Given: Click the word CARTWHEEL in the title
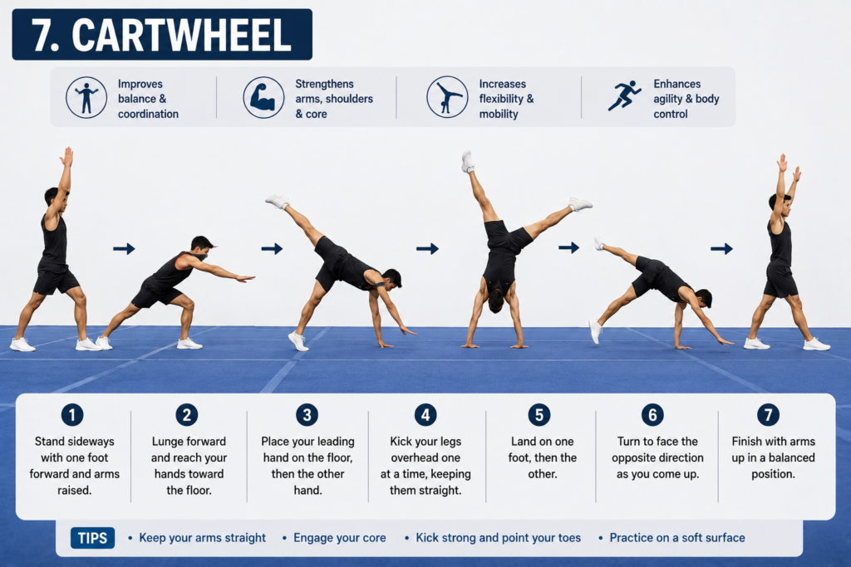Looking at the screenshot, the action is click(182, 35).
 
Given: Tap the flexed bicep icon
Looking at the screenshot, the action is click(263, 98).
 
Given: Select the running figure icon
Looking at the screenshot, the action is click(624, 96).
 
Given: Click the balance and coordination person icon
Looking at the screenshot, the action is click(86, 98).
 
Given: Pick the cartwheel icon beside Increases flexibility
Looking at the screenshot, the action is click(447, 97).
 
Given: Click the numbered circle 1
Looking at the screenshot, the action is click(72, 415).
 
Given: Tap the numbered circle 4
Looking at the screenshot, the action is click(425, 415).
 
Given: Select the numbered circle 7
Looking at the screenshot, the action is click(768, 415).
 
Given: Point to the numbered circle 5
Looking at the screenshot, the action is click(539, 415).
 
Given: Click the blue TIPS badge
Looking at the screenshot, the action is click(92, 538).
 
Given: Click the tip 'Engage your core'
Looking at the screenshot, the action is click(340, 538).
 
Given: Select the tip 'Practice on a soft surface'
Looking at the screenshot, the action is click(677, 538).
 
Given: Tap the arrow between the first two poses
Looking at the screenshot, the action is click(124, 249).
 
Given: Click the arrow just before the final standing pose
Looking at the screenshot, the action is click(721, 249).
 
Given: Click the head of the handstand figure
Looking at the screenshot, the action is click(495, 301).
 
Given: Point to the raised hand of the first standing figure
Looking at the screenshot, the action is click(67, 157).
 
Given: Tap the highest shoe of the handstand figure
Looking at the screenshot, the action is click(467, 162).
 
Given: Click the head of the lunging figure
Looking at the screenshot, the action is click(201, 246).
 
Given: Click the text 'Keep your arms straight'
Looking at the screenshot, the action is click(203, 538).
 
